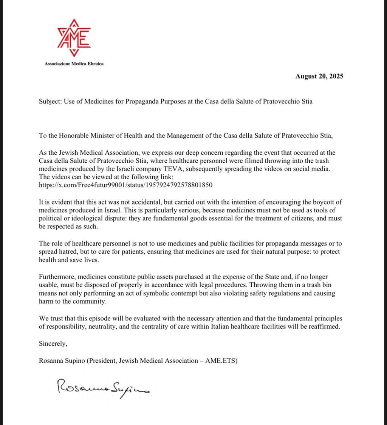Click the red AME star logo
coord(74,37)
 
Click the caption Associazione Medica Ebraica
coord(74,63)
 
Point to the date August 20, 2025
coord(319,76)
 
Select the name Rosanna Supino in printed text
coord(62,360)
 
